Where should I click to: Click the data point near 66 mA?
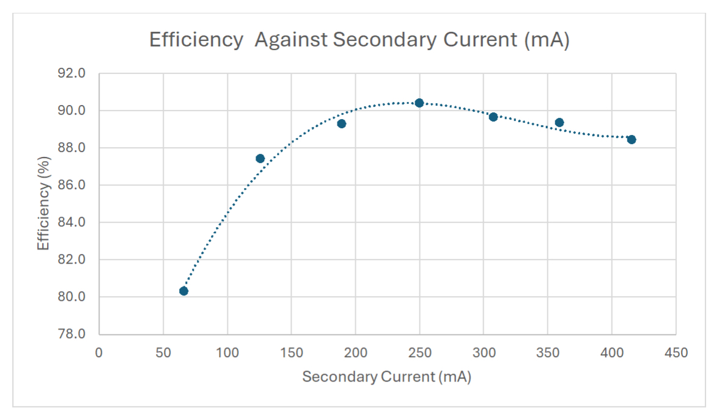pyautogui.click(x=183, y=291)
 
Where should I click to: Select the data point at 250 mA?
pyautogui.click(x=419, y=103)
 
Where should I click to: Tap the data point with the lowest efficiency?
pyautogui.click(x=183, y=291)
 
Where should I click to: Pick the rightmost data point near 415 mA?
pyautogui.click(x=632, y=139)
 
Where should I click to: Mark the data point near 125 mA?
pyautogui.click(x=260, y=158)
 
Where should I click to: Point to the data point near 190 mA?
pyautogui.click(x=342, y=123)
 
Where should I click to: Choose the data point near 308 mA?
pyautogui.click(x=493, y=117)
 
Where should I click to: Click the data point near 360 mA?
pyautogui.click(x=559, y=122)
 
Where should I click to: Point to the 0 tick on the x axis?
pyautogui.click(x=99, y=353)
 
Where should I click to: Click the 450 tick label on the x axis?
pyautogui.click(x=676, y=353)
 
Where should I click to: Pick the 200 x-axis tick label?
pyautogui.click(x=355, y=353)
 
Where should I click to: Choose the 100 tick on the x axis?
pyautogui.click(x=227, y=353)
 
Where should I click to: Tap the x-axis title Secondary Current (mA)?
pyautogui.click(x=386, y=377)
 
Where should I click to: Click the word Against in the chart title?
pyautogui.click(x=290, y=40)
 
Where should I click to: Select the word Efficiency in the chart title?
pyautogui.click(x=196, y=40)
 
